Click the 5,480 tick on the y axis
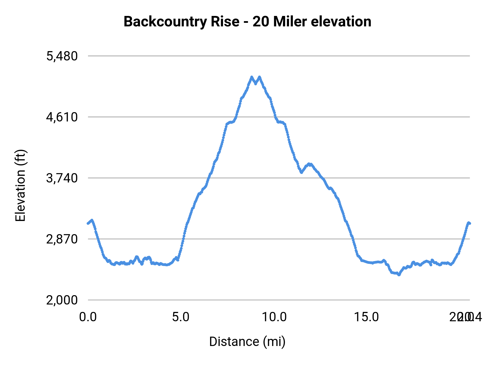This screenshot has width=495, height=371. [x=62, y=56]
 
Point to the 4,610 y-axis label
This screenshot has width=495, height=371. [x=62, y=117]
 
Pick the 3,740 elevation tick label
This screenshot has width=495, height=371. [x=62, y=178]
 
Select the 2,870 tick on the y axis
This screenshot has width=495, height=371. [x=62, y=239]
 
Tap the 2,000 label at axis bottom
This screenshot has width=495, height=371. [x=62, y=300]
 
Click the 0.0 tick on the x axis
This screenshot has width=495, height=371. [x=88, y=317]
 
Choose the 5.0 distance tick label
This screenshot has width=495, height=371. [x=181, y=317]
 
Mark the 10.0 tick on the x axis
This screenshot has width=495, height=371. [x=274, y=317]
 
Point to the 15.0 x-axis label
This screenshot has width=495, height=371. [x=366, y=317]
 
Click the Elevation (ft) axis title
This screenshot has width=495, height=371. [x=20, y=185]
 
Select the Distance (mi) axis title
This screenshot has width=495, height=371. [x=247, y=342]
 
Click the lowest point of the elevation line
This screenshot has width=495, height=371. [x=399, y=275]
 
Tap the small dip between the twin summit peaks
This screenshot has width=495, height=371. [x=255, y=84]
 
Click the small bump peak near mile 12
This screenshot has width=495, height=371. [x=309, y=164]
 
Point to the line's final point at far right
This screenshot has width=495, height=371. [x=470, y=223]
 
